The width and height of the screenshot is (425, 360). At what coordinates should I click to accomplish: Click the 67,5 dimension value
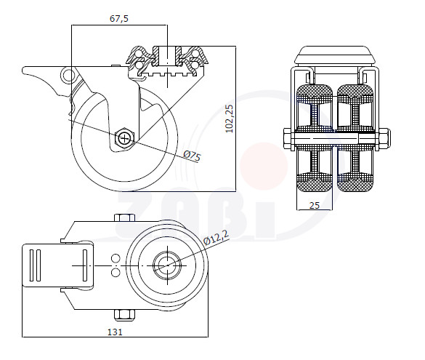(119, 18)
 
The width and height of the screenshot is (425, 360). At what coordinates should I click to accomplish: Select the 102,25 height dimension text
(230, 119)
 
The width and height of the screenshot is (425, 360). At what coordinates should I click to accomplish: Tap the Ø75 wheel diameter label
(192, 156)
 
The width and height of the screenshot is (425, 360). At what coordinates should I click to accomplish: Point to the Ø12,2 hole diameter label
(216, 238)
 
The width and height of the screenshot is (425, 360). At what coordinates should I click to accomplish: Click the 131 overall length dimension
(116, 332)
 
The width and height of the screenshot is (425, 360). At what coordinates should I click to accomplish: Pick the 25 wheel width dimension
(315, 205)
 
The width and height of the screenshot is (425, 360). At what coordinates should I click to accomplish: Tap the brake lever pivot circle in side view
(68, 75)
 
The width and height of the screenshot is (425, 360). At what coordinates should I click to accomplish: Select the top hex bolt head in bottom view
(125, 217)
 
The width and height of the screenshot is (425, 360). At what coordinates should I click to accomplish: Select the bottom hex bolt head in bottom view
(125, 314)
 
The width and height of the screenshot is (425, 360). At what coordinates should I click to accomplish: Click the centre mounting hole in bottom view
(168, 265)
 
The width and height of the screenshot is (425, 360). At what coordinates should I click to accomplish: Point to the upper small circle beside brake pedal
(116, 258)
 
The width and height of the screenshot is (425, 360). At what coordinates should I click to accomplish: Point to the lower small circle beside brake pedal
(116, 272)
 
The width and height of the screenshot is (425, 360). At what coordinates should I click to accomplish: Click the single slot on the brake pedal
(85, 265)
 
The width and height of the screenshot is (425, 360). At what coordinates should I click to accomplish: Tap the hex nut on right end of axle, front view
(384, 138)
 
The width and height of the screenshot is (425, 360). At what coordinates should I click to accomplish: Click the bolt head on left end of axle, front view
(287, 139)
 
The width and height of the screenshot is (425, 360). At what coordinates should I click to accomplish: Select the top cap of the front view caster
(336, 55)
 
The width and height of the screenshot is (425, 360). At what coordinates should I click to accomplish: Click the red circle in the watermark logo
(264, 166)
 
